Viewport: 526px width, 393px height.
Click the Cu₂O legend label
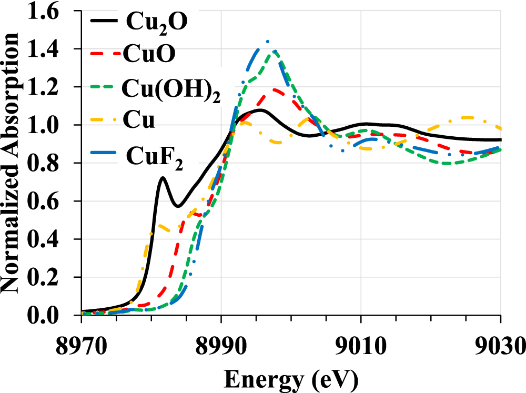(156, 22)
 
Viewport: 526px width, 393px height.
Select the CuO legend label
(149, 55)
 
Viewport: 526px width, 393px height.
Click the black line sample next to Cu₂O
(105, 22)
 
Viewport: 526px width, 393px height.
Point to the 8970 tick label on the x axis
(82, 347)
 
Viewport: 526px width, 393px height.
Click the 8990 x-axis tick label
(221, 347)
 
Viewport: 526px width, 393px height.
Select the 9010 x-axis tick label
(361, 347)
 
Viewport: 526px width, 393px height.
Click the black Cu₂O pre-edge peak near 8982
(163, 177)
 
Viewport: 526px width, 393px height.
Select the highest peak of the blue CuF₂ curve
(267, 42)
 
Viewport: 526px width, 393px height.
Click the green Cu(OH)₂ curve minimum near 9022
(447, 163)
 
